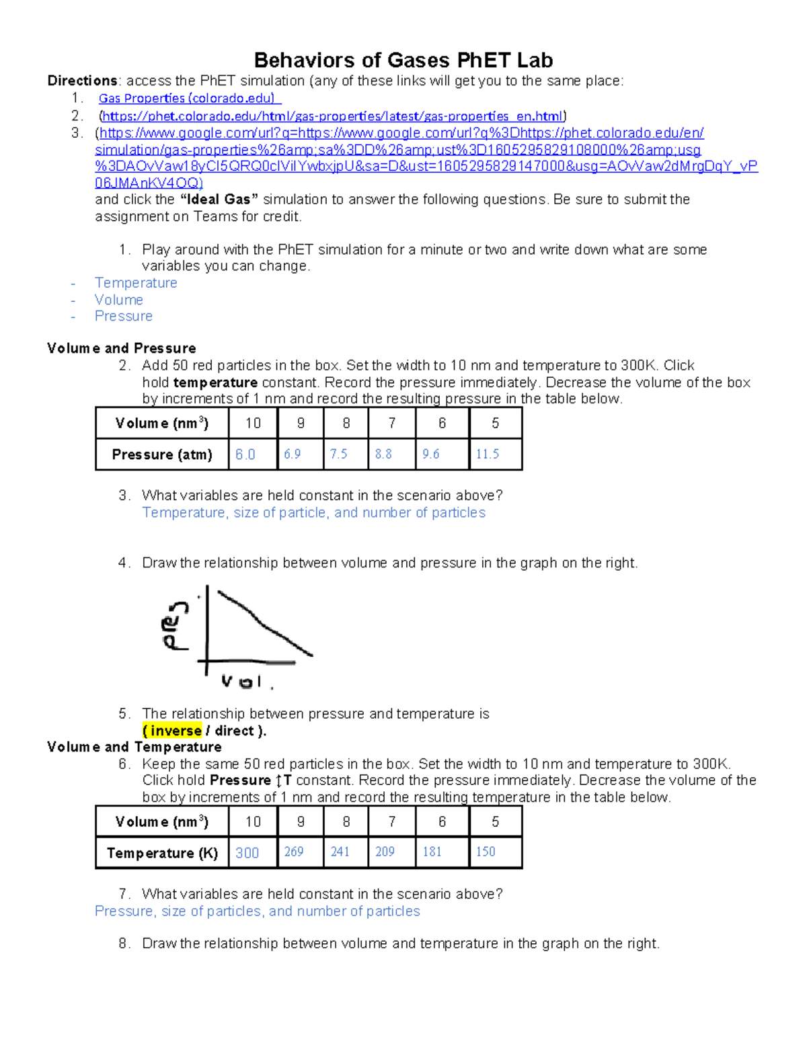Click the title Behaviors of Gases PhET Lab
click(403, 61)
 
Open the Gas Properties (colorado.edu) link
click(187, 99)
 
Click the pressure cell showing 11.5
click(488, 454)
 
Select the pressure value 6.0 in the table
click(245, 454)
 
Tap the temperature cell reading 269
click(294, 852)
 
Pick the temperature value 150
click(486, 852)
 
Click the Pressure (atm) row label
click(162, 454)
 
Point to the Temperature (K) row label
click(162, 853)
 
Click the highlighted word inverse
click(176, 731)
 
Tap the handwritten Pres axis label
click(176, 625)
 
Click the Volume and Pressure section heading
click(122, 348)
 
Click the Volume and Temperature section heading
click(134, 747)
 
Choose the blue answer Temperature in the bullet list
click(136, 283)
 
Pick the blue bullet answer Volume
click(119, 300)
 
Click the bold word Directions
click(82, 81)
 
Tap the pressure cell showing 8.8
click(383, 454)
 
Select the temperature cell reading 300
click(247, 853)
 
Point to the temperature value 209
click(385, 852)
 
